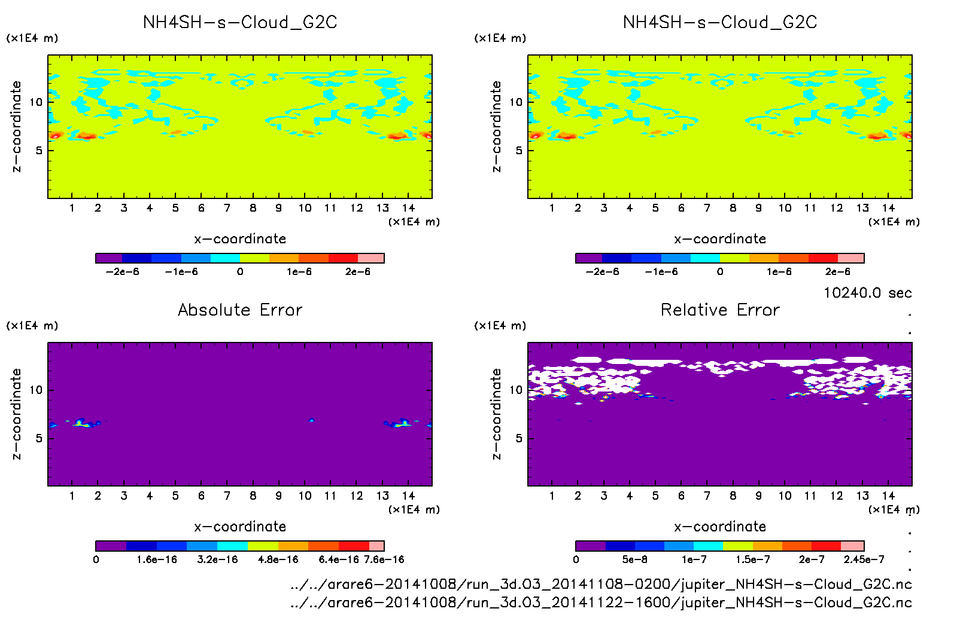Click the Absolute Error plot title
click(x=240, y=310)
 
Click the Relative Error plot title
click(x=720, y=310)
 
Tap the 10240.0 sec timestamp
click(x=867, y=293)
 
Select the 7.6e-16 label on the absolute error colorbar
click(x=384, y=559)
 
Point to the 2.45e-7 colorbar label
click(x=864, y=559)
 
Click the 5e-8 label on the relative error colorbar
click(x=634, y=559)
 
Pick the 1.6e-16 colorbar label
click(x=157, y=559)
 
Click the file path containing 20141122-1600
click(x=600, y=603)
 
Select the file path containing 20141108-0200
click(x=600, y=584)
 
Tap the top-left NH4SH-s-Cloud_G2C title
click(x=240, y=22)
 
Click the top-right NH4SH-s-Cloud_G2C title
click(x=720, y=22)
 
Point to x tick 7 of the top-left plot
click(x=227, y=208)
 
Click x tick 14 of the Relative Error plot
click(x=888, y=496)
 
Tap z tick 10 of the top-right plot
click(x=515, y=102)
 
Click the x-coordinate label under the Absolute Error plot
click(x=240, y=527)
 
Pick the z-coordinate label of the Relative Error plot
click(x=496, y=414)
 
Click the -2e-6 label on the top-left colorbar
click(x=122, y=272)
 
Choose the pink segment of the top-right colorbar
click(x=850, y=258)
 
